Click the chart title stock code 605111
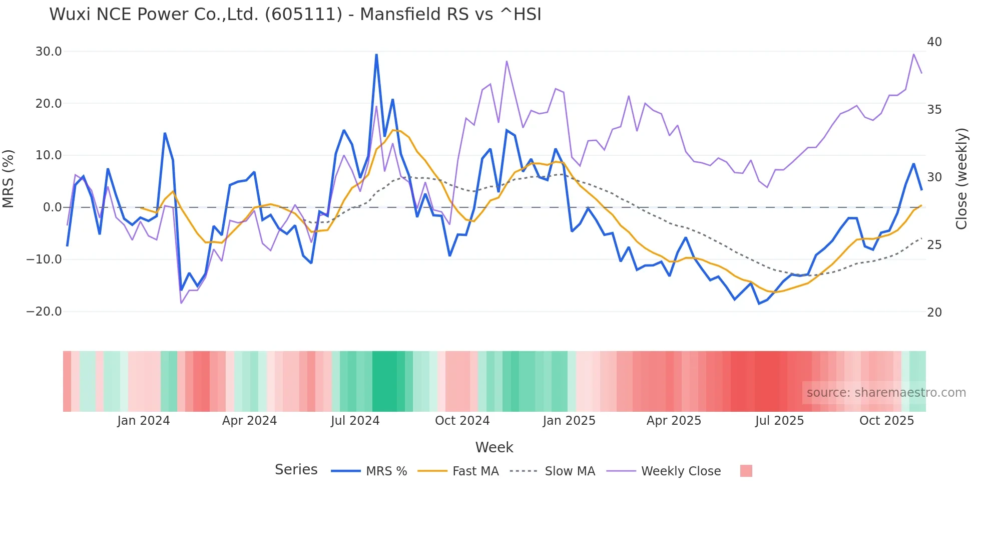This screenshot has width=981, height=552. tap(303, 15)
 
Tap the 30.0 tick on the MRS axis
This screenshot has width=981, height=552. tap(49, 52)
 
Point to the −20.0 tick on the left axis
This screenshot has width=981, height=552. tap(44, 312)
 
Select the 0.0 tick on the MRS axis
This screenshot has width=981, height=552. tap(52, 207)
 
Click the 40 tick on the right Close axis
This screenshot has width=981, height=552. tap(934, 42)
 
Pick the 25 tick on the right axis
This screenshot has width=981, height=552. tap(934, 245)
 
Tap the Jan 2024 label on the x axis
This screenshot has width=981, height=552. tap(144, 421)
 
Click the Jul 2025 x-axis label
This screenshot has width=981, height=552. tap(779, 421)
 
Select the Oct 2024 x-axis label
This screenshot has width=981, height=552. tap(462, 421)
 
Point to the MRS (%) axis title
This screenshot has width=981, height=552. tap(9, 179)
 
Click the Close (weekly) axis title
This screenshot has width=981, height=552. tap(961, 179)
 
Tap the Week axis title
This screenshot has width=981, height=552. tap(494, 447)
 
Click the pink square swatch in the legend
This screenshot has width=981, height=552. tap(746, 471)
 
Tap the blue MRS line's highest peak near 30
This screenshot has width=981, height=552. tap(376, 55)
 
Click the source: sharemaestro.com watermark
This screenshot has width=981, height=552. tap(886, 393)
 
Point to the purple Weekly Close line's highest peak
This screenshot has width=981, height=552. tap(913, 54)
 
